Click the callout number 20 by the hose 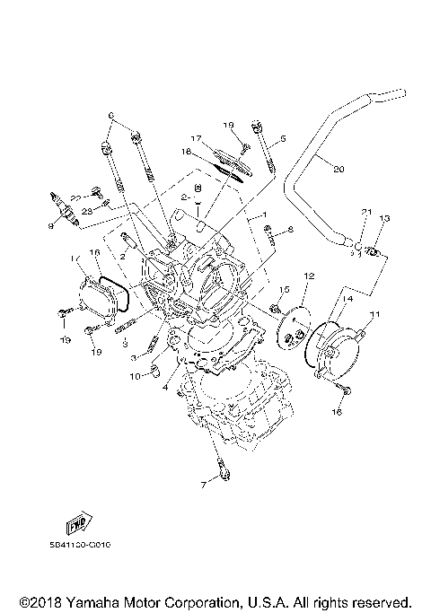click(338, 169)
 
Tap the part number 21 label click(365, 211)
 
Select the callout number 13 click(383, 219)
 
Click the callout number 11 click(374, 314)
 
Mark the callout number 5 click(282, 139)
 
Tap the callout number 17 click(195, 138)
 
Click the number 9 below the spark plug click(63, 227)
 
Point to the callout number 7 click(204, 485)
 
